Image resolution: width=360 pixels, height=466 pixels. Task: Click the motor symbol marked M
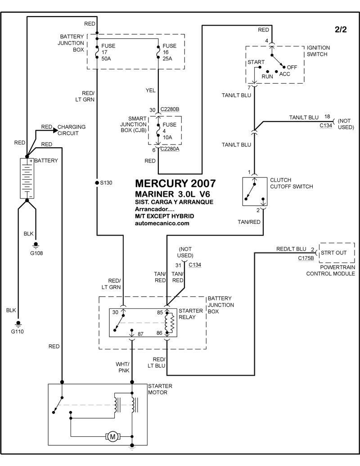(x=111, y=436)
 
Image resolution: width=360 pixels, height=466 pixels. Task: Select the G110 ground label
(x=18, y=331)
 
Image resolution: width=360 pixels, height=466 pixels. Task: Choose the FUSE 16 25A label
(x=170, y=53)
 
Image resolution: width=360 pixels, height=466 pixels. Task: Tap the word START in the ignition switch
(x=256, y=63)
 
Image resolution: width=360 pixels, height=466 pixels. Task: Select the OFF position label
(x=292, y=67)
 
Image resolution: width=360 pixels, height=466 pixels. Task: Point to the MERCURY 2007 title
(x=175, y=184)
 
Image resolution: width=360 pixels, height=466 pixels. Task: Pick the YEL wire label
(x=150, y=90)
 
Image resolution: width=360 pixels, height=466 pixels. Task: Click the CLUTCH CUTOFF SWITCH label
(x=291, y=183)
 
